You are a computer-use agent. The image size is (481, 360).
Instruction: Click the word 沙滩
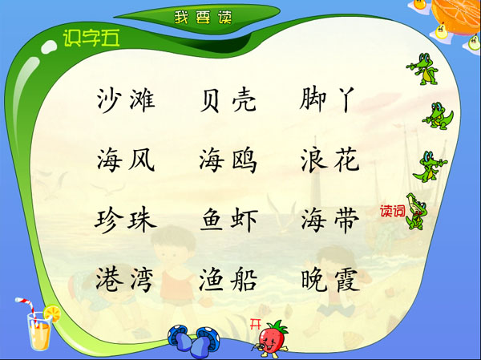click(126, 99)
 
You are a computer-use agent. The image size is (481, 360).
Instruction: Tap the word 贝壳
click(228, 99)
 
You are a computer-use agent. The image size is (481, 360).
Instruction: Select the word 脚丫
click(327, 99)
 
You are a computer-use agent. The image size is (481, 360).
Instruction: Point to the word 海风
click(126, 160)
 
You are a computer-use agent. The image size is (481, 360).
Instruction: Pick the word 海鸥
click(228, 160)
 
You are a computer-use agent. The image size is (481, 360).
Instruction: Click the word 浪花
click(329, 160)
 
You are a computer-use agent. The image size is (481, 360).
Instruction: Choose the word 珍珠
click(126, 220)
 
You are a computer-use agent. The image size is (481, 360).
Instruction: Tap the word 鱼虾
click(229, 220)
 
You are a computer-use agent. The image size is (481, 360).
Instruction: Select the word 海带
click(329, 219)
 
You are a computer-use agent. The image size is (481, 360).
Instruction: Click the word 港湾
click(124, 280)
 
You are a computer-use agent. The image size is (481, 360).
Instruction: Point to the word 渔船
click(228, 280)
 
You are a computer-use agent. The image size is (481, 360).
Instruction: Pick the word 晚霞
click(330, 279)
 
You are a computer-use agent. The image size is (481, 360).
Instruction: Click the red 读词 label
click(392, 211)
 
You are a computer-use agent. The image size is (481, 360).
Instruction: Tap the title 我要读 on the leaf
click(203, 18)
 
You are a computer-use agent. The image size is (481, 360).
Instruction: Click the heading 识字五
click(91, 38)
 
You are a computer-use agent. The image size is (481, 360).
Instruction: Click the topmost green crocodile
click(422, 69)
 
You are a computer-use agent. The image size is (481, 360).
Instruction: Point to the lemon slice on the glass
click(52, 313)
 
